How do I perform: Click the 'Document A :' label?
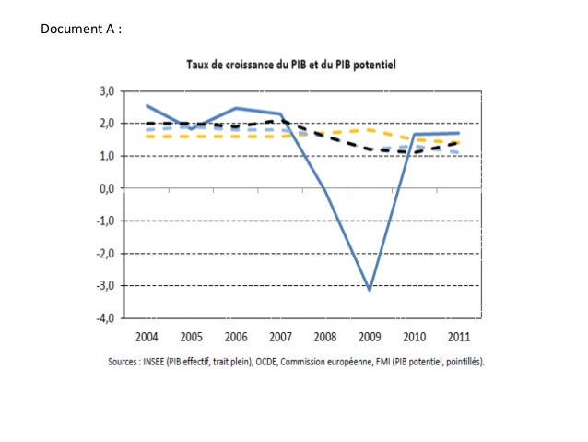tap(82, 30)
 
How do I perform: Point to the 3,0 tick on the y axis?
tap(107, 91)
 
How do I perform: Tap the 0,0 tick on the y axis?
tap(107, 188)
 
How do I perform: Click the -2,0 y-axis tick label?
tap(105, 254)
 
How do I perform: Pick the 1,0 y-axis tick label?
tap(107, 156)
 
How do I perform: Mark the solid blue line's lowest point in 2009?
tap(369, 290)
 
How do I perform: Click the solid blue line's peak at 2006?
tap(236, 108)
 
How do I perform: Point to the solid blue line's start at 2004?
tap(147, 105)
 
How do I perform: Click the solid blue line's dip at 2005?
tap(191, 127)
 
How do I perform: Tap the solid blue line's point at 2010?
tap(413, 134)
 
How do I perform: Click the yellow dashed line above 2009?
tap(369, 130)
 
